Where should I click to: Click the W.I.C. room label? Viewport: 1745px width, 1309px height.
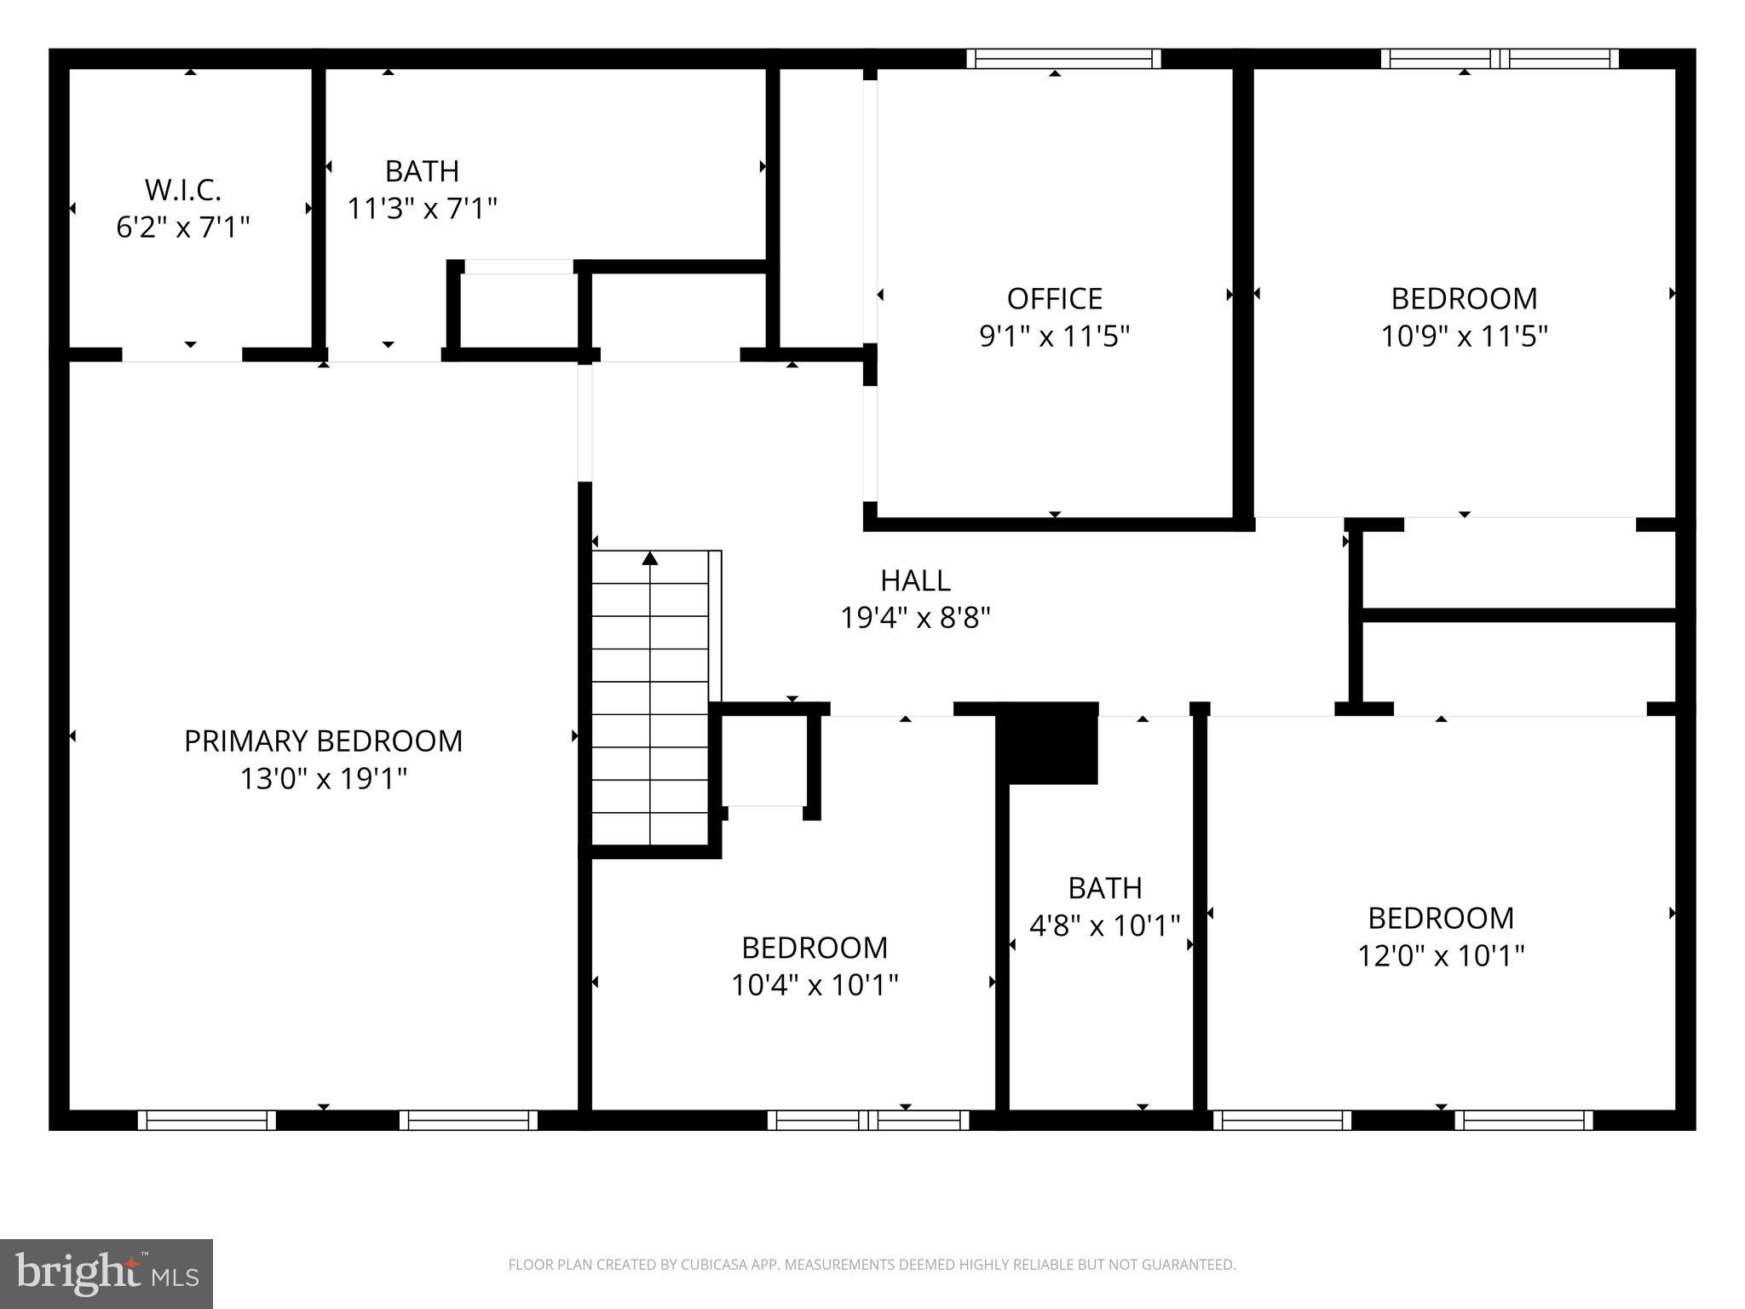tap(182, 189)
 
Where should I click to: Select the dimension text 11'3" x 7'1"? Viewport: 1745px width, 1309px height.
tap(422, 208)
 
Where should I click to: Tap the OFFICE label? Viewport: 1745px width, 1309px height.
tap(1054, 299)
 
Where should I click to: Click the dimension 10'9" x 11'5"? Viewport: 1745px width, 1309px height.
tap(1463, 337)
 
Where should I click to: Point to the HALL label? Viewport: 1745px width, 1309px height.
tap(915, 580)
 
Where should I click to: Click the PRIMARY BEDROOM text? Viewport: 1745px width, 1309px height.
tap(323, 741)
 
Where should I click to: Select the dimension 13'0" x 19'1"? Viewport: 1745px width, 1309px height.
tap(323, 778)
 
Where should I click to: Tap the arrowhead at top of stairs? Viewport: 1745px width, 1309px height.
tap(650, 558)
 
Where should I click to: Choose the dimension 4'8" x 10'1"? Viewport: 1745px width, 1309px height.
tap(1104, 926)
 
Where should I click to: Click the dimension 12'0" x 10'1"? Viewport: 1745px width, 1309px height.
tap(1440, 955)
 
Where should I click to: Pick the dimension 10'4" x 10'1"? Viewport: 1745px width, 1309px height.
tap(815, 985)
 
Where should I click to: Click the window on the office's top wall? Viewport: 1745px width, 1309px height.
tap(1063, 59)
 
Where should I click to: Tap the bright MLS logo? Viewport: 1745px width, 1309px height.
tap(106, 1274)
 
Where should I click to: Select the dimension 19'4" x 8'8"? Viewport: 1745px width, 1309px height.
tap(915, 618)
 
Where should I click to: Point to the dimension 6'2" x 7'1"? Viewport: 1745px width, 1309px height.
tap(182, 228)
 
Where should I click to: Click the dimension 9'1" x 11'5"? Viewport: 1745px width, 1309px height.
tap(1054, 337)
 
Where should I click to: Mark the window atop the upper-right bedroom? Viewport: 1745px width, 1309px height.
tap(1499, 59)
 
